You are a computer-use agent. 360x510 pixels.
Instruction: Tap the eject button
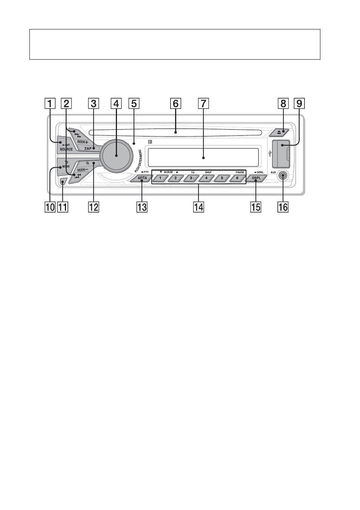[x=279, y=133]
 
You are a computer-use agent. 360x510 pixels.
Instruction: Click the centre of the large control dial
[x=116, y=155]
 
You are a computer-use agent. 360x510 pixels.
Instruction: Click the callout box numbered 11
[x=63, y=207]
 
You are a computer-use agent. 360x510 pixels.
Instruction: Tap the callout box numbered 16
[x=283, y=207]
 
